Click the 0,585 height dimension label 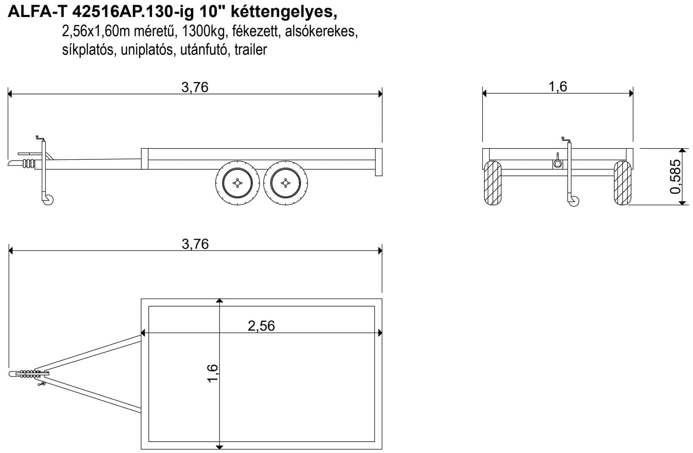point(675,176)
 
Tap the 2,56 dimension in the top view point(261,326)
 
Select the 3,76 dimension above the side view point(195,87)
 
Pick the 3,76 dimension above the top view point(195,244)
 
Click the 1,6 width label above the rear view point(558,87)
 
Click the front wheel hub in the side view point(237,183)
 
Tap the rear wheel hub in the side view point(285,183)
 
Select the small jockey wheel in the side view point(48,200)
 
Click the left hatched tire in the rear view point(493,183)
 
